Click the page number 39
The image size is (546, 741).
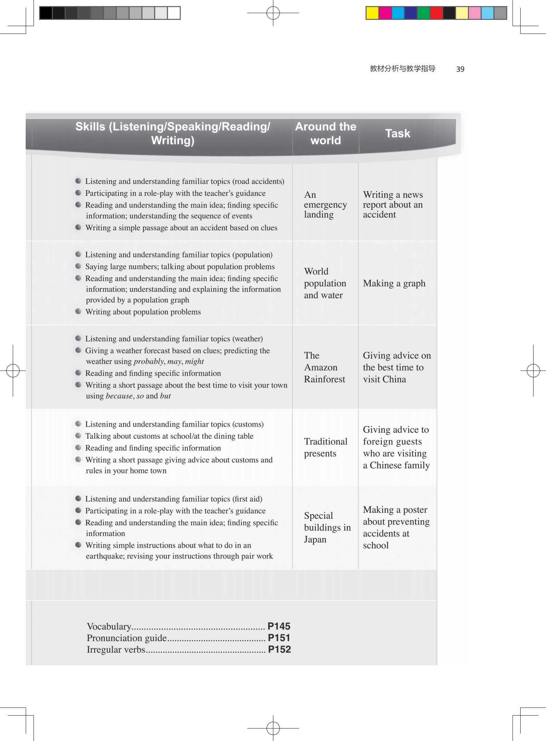[x=460, y=69]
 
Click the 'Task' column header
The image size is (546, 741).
[x=397, y=133]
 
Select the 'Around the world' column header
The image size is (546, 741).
[x=325, y=133]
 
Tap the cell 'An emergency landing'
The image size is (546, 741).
[x=325, y=205]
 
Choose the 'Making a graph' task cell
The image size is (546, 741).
[x=394, y=284]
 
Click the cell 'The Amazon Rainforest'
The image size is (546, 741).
[x=324, y=367]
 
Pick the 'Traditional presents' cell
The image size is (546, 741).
[x=325, y=447]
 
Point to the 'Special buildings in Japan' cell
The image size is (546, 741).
[x=327, y=527]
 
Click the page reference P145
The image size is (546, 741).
[x=279, y=626]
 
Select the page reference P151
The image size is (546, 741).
[x=279, y=638]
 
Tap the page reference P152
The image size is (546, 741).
[x=279, y=649]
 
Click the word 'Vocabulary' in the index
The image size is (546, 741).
[x=109, y=627]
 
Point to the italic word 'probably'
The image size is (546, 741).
[x=149, y=361]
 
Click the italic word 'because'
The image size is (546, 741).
[x=119, y=396]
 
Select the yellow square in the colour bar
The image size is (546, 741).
[x=372, y=13]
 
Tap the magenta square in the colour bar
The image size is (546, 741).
[x=385, y=13]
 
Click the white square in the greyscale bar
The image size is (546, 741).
[x=174, y=13]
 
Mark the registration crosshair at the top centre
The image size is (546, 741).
[x=273, y=13]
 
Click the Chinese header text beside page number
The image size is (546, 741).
[x=402, y=69]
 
